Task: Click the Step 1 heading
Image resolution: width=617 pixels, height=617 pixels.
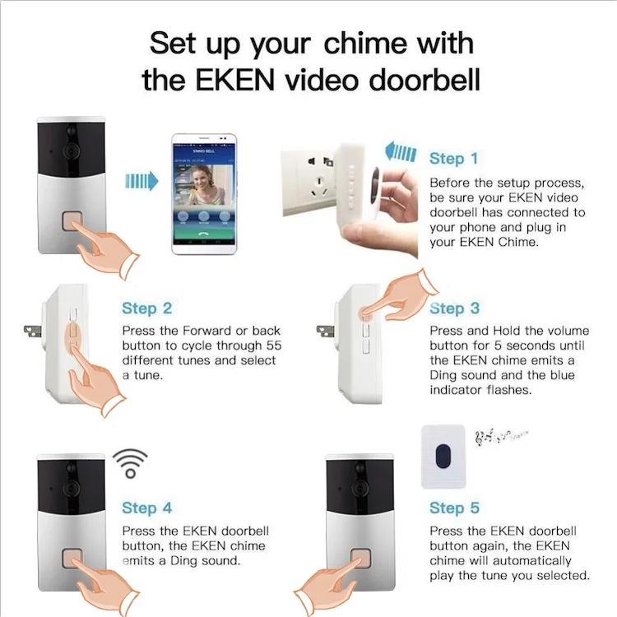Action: click(x=453, y=158)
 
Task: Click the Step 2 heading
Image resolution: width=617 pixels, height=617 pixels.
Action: click(x=146, y=308)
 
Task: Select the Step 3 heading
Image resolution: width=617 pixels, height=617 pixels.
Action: click(x=454, y=308)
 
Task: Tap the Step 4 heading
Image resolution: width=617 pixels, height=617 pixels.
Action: click(x=146, y=508)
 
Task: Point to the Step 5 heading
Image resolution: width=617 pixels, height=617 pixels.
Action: click(x=454, y=508)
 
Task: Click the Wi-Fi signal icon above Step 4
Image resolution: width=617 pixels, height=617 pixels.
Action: click(x=130, y=463)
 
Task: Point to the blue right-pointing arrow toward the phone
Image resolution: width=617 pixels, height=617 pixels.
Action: click(x=141, y=181)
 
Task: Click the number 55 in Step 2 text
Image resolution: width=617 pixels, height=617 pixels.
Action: click(x=273, y=345)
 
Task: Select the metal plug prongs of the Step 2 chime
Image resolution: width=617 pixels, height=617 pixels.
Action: click(x=33, y=332)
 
